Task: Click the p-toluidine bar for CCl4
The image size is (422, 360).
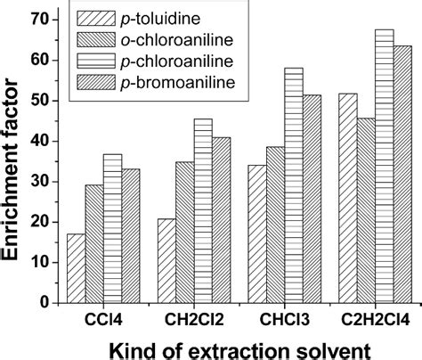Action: [77, 268]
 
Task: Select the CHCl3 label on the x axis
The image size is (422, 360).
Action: [280, 320]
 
